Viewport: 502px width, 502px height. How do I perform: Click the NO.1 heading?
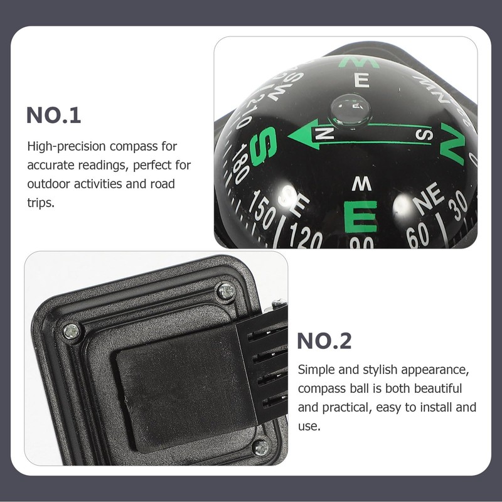[x=54, y=115]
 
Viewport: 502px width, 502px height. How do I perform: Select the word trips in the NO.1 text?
[x=41, y=204]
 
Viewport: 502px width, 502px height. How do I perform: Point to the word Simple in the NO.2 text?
[x=316, y=370]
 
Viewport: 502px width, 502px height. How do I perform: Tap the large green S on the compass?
[x=264, y=146]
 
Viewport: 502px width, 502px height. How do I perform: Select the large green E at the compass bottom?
[x=360, y=216]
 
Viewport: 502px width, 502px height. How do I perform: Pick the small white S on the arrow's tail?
[x=425, y=135]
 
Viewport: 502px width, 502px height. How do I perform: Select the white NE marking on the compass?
[x=428, y=200]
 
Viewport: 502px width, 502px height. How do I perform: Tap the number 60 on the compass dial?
[x=417, y=235]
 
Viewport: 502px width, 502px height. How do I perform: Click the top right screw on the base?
[x=225, y=291]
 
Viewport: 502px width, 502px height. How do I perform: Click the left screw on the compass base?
[x=71, y=331]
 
